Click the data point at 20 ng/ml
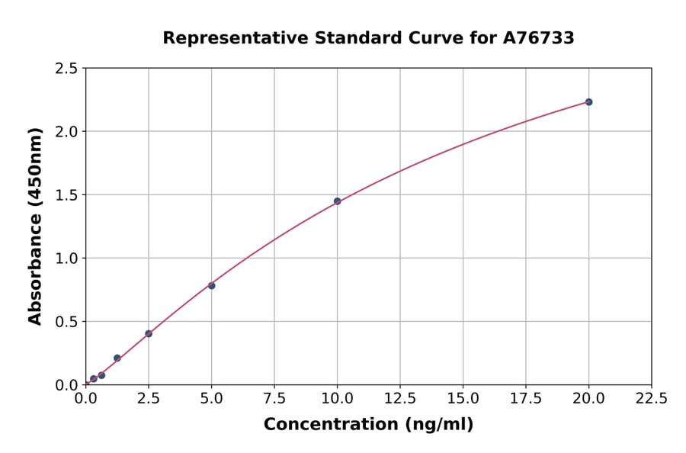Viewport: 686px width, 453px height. point(588,102)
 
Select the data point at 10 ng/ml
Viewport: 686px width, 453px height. point(337,201)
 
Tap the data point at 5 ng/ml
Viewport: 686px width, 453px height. point(211,285)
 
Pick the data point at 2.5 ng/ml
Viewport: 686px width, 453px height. point(149,333)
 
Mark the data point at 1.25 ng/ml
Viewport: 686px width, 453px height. point(117,358)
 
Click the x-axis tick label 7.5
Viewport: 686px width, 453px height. point(274,398)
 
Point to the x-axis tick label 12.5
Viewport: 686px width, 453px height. point(400,398)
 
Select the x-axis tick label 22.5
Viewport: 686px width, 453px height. point(651,398)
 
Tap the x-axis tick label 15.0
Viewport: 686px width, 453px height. point(463,398)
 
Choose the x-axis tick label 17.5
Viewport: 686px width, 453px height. point(526,398)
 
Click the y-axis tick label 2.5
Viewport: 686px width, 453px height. point(66,69)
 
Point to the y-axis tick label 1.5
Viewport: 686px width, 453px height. point(66,195)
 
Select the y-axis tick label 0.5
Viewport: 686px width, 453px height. point(66,322)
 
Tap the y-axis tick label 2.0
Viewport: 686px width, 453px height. point(66,132)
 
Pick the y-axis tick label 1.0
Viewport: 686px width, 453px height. point(66,259)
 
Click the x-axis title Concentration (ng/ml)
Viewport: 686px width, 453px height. point(368,425)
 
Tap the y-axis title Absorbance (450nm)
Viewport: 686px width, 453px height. point(35,226)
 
